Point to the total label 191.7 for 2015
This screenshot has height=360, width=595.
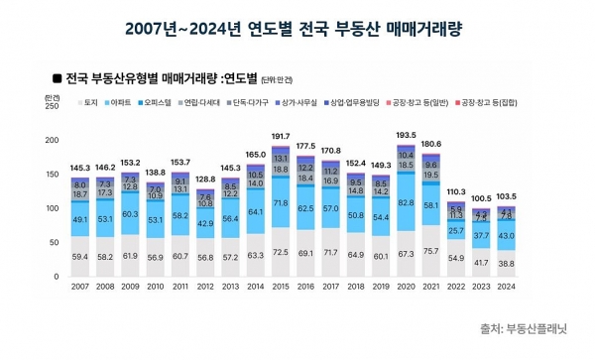(x=282, y=136)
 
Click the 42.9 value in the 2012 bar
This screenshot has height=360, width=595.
(x=205, y=225)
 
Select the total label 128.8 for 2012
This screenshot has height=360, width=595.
(x=205, y=179)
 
